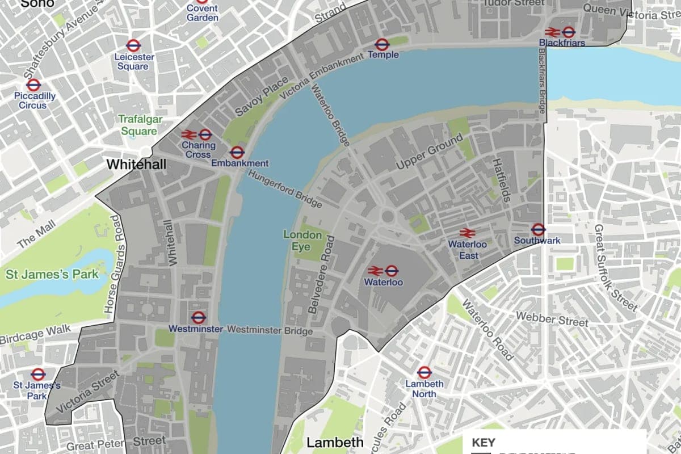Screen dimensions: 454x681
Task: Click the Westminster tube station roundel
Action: pyautogui.click(x=199, y=318)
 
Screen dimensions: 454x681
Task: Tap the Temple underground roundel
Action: pyautogui.click(x=382, y=44)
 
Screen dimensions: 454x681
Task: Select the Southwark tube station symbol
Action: pyautogui.click(x=538, y=230)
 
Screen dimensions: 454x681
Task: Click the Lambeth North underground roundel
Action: pyautogui.click(x=424, y=373)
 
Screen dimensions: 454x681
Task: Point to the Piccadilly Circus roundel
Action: pyautogui.click(x=34, y=85)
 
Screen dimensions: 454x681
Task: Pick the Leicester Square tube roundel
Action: pyautogui.click(x=133, y=46)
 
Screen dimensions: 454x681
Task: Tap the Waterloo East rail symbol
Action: pyautogui.click(x=467, y=233)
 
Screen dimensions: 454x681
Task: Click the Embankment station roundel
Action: pyautogui.click(x=237, y=152)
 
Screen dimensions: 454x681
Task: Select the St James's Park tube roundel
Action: pyautogui.click(x=38, y=374)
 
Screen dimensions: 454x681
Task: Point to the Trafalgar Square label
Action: pyautogui.click(x=137, y=125)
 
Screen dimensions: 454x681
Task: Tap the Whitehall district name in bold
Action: pyautogui.click(x=136, y=164)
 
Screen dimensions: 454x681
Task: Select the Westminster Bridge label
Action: pyautogui.click(x=270, y=330)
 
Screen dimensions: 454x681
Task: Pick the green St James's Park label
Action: pyautogui.click(x=52, y=275)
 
